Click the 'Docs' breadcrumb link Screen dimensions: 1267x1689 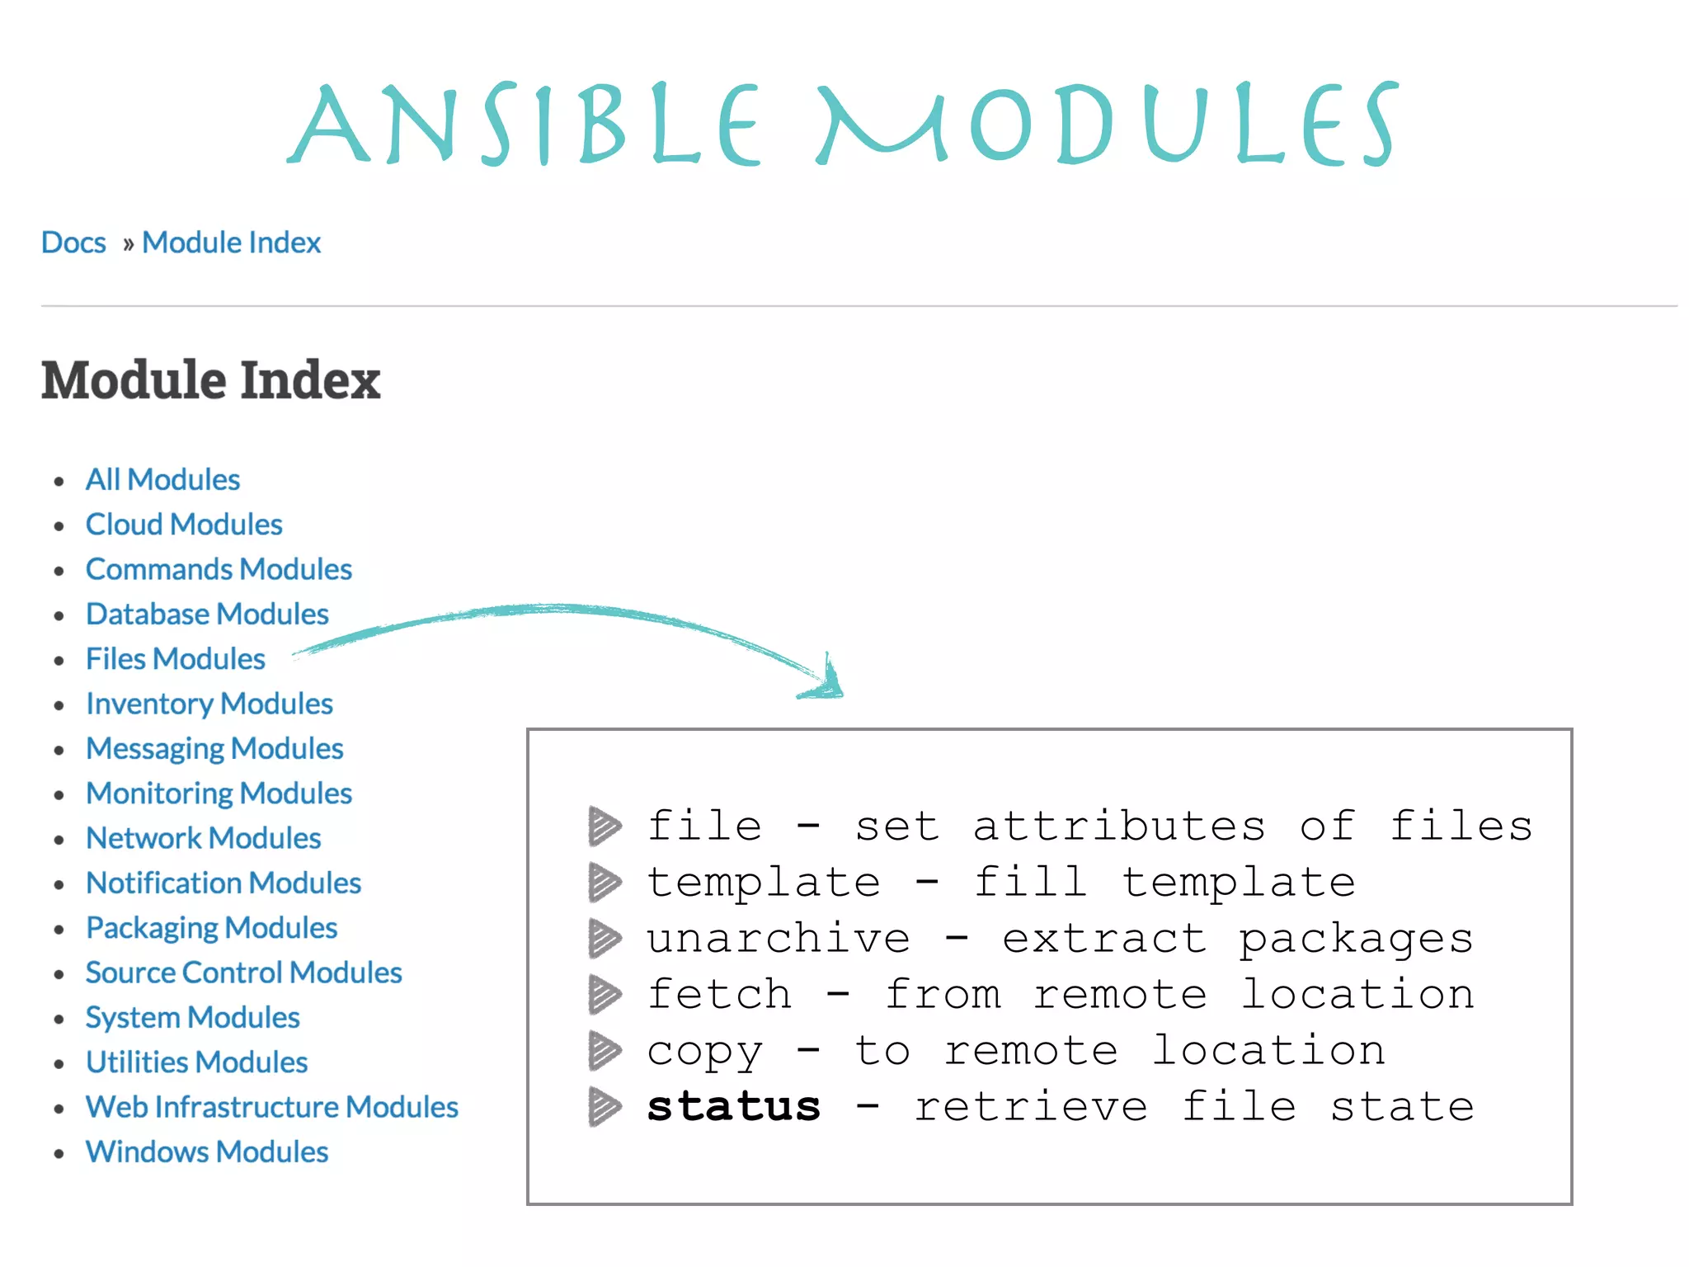pos(73,243)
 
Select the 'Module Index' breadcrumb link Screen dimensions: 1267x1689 pos(231,243)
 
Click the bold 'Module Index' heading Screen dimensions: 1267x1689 pos(210,380)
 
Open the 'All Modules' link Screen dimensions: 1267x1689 pos(162,479)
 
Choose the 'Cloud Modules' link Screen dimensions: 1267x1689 pos(184,525)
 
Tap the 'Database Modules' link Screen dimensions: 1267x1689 pos(207,614)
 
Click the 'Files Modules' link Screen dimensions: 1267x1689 pos(175,659)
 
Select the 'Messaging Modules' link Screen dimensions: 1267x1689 pos(214,748)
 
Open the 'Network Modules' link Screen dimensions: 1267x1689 pos(203,838)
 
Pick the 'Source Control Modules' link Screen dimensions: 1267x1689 pos(243,973)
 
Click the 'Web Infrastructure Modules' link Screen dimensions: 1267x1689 pos(271,1107)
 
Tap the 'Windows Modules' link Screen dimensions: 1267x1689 pos(207,1152)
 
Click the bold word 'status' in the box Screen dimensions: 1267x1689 pos(733,1106)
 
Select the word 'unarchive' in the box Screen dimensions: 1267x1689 pos(778,939)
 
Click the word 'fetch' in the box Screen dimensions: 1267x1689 pos(719,994)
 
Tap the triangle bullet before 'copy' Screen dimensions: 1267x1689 pos(605,1051)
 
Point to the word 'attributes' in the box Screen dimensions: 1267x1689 pos(1118,826)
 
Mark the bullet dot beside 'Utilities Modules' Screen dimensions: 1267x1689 pos(59,1064)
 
